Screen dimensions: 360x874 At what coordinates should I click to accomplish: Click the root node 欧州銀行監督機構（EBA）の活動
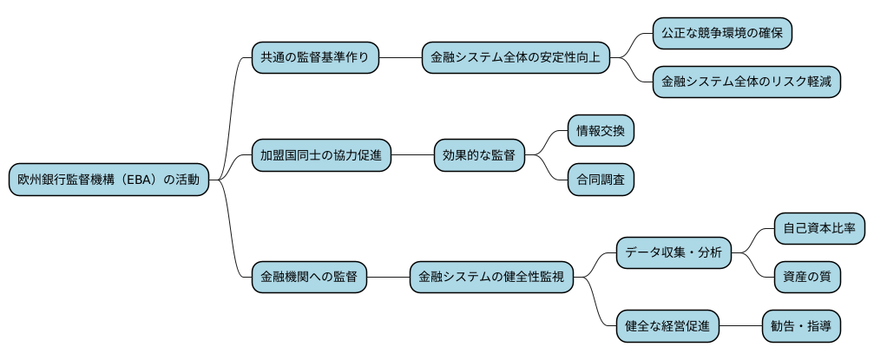tap(108, 180)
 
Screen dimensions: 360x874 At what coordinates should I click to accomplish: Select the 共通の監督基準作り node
tap(315, 58)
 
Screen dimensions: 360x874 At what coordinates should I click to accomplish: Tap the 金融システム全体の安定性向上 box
tap(516, 58)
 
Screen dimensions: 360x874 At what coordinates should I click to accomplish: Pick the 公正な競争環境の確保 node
tap(722, 34)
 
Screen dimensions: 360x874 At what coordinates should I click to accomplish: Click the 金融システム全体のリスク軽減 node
tap(746, 82)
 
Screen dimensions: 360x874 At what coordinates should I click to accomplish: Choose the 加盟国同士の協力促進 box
tap(321, 156)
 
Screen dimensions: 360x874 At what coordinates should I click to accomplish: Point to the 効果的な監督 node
tap(479, 156)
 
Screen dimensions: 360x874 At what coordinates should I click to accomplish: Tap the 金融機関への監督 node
tap(309, 278)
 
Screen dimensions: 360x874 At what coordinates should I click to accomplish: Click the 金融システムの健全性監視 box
tap(491, 278)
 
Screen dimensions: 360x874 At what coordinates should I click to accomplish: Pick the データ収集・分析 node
tap(673, 253)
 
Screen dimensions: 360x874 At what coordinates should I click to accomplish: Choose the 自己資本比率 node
tap(818, 229)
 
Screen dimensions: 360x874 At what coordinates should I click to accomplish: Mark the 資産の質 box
tap(806, 278)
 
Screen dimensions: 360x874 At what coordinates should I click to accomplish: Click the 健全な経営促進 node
tap(667, 326)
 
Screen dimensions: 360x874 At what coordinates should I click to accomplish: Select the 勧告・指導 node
tap(800, 326)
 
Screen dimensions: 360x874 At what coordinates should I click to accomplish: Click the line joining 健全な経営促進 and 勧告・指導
tap(740, 326)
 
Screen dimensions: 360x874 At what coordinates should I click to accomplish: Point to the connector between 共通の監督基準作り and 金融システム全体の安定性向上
tap(400, 58)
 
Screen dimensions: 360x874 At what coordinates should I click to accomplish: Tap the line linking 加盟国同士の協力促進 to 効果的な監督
tap(412, 156)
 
